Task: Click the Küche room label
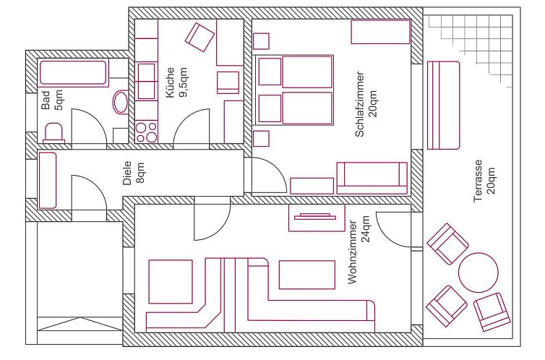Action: tap(170, 82)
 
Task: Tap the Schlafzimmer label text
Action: tap(360, 104)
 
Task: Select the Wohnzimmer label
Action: tap(353, 252)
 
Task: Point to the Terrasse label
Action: tap(479, 181)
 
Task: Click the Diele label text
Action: tap(127, 173)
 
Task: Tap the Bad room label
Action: tap(46, 100)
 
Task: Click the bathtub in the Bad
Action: tap(73, 72)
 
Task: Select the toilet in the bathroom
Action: tap(54, 133)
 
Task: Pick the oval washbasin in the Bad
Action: tap(121, 102)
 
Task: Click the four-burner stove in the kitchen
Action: tap(146, 132)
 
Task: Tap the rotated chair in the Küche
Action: tap(199, 37)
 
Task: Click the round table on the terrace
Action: tap(479, 273)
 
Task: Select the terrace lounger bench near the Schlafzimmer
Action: tap(443, 106)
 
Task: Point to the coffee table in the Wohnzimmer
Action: tap(307, 275)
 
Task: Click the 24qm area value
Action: tap(365, 229)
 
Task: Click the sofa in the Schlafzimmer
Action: tap(372, 178)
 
